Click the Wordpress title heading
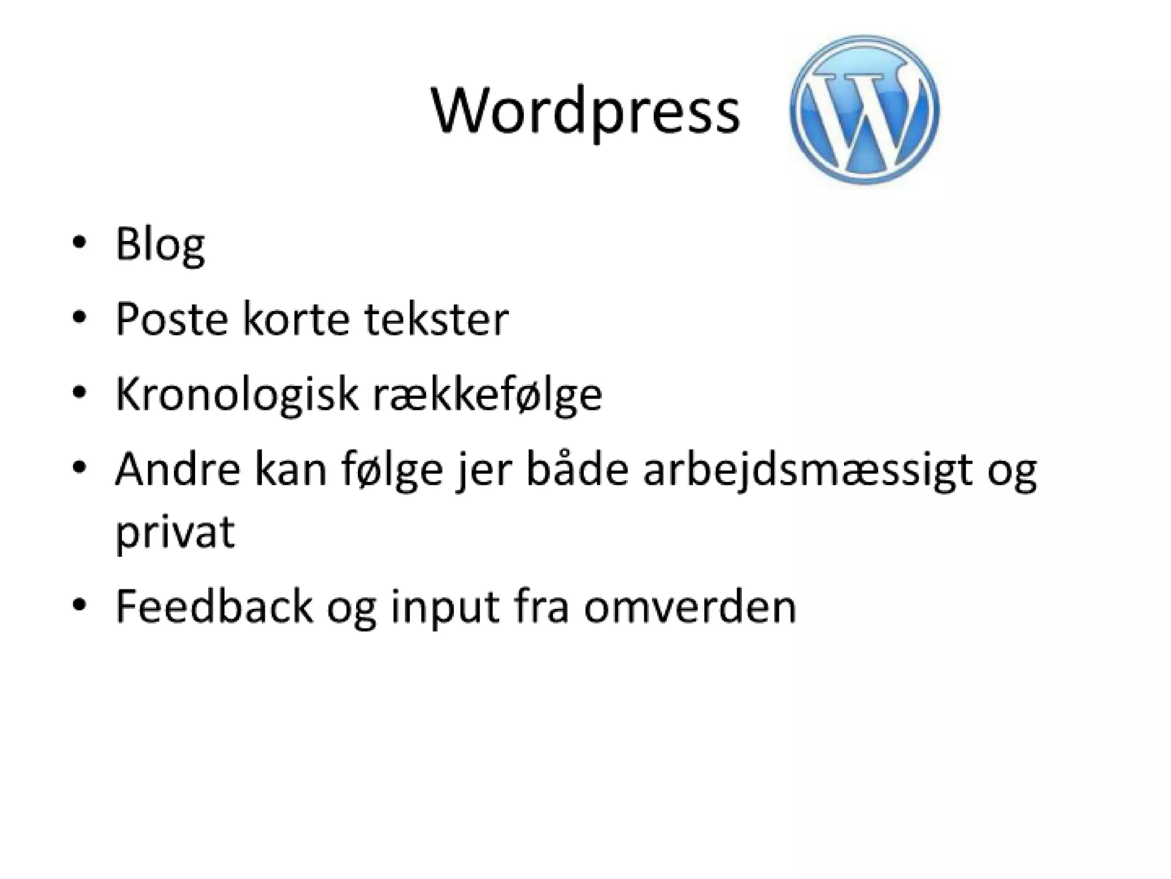click(585, 112)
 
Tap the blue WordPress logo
click(864, 109)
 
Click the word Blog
click(160, 245)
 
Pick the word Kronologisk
click(236, 395)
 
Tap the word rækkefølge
click(487, 395)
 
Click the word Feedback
click(214, 607)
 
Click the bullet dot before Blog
click(79, 242)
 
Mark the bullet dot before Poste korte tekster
click(79, 316)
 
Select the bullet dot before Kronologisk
click(79, 392)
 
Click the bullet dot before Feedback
click(79, 604)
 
